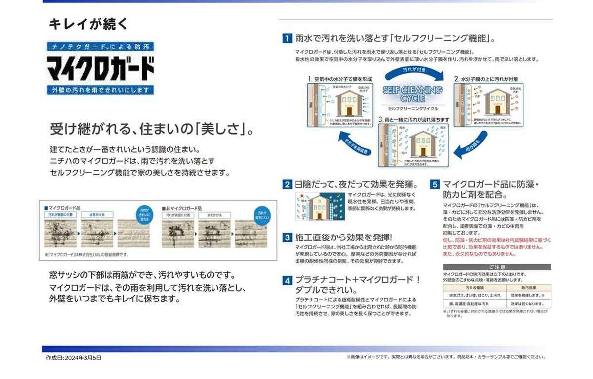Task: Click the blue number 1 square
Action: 287,38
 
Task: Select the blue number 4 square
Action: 287,280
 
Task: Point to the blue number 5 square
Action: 434,185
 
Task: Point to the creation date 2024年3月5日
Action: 74,358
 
